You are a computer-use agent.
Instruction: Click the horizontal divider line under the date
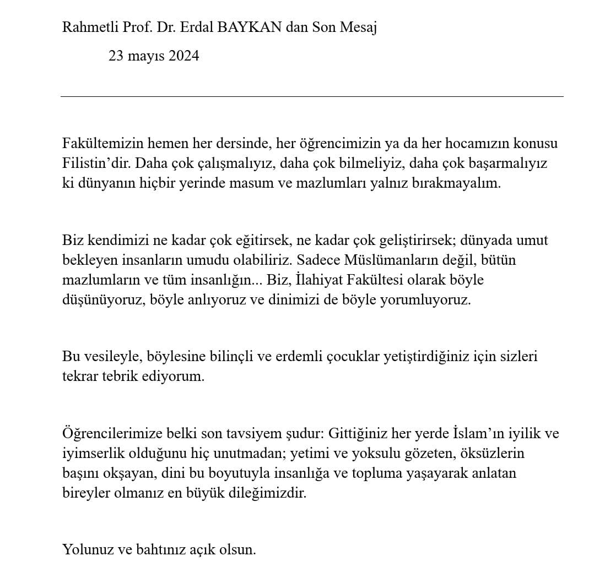pyautogui.click(x=311, y=97)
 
